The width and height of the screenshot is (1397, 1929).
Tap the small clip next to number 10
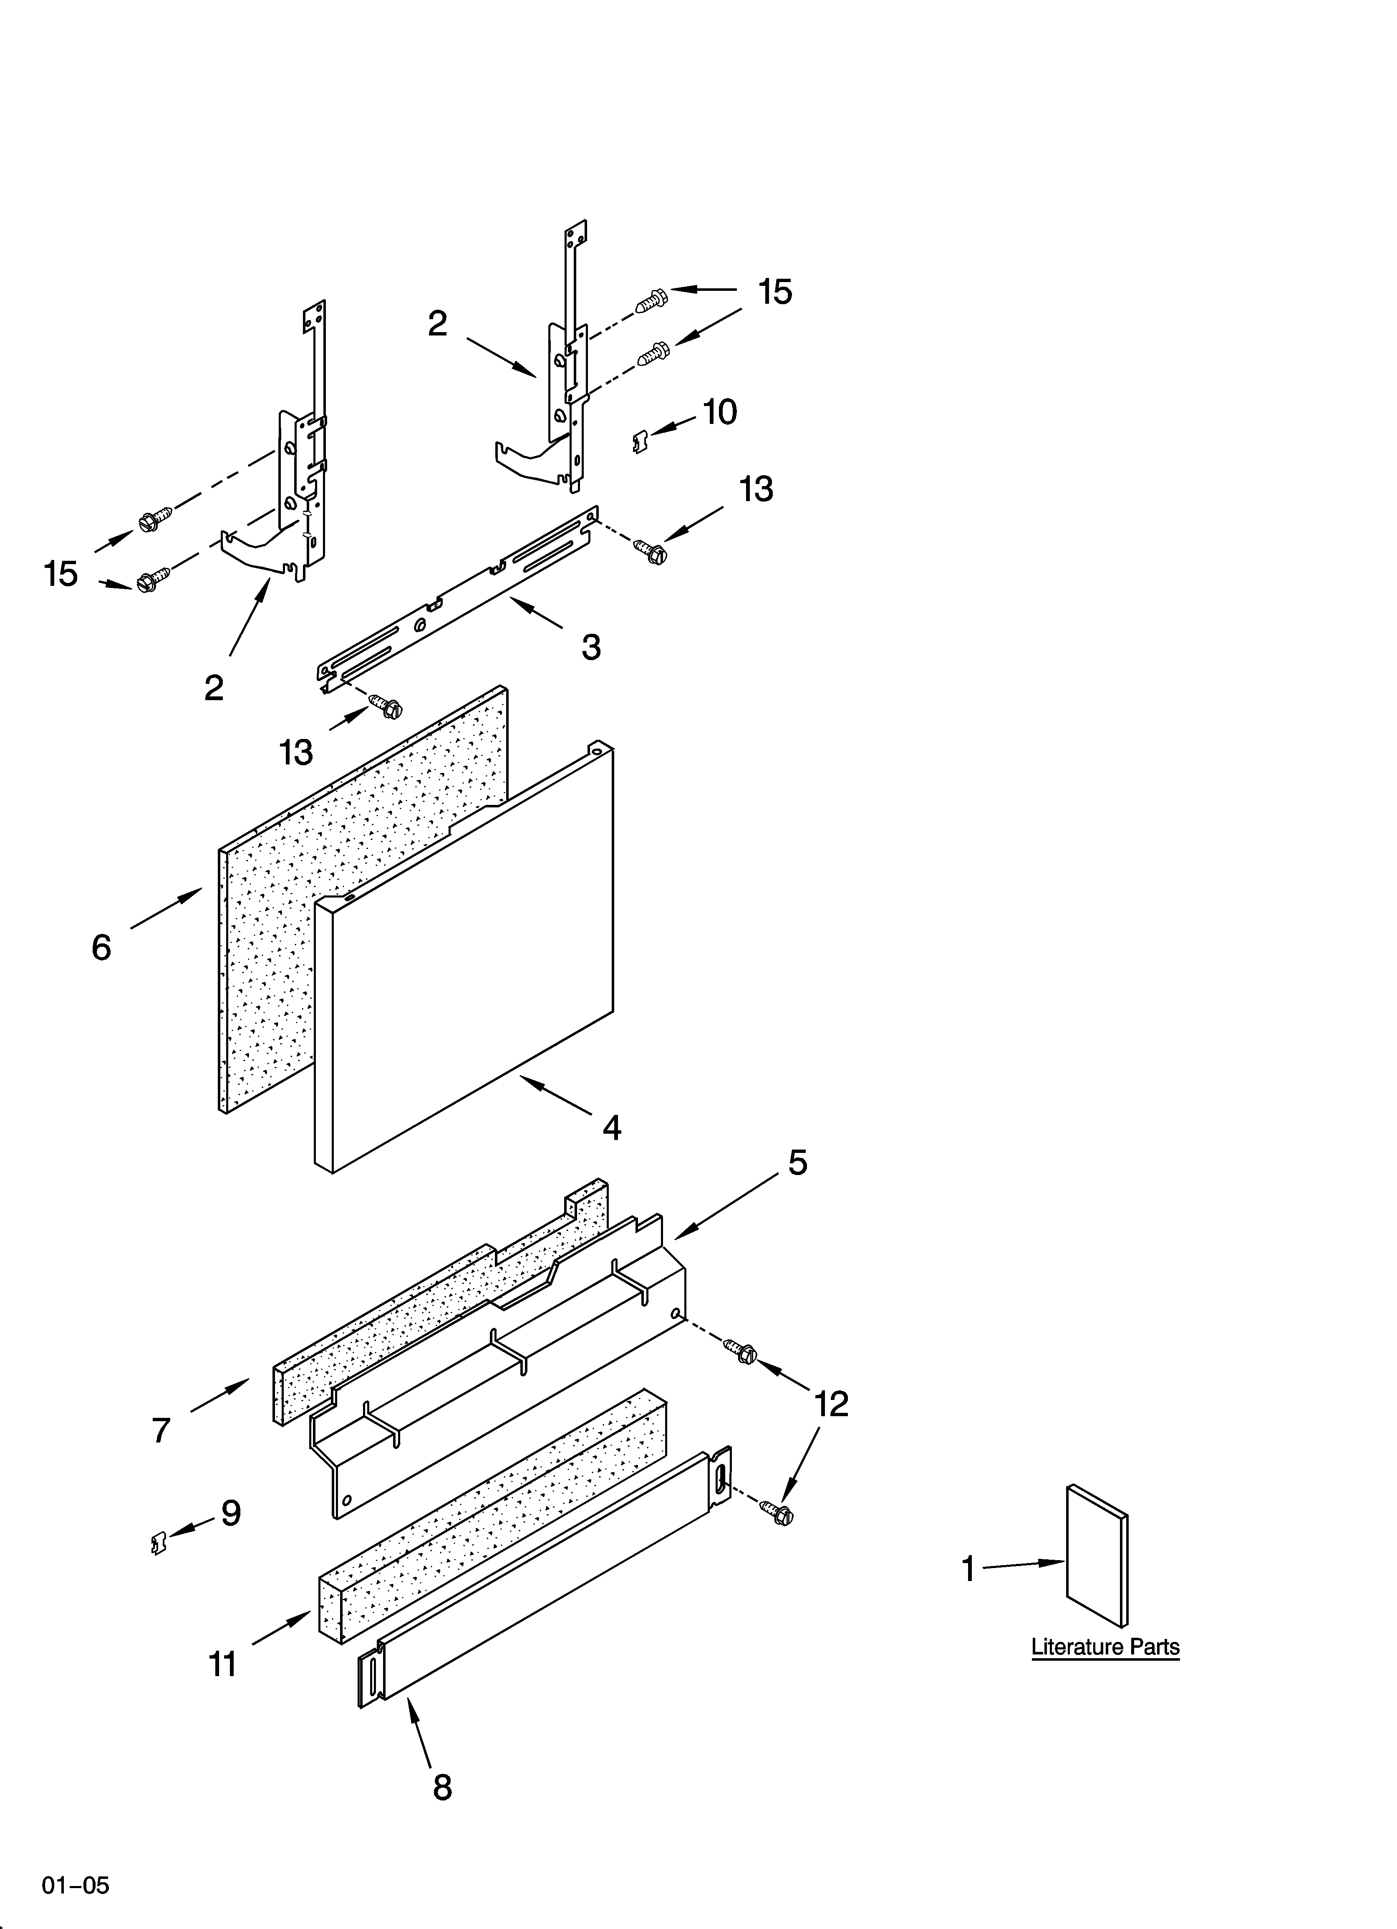pyautogui.click(x=641, y=441)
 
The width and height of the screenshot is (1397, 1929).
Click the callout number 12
pyautogui.click(x=831, y=1404)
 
